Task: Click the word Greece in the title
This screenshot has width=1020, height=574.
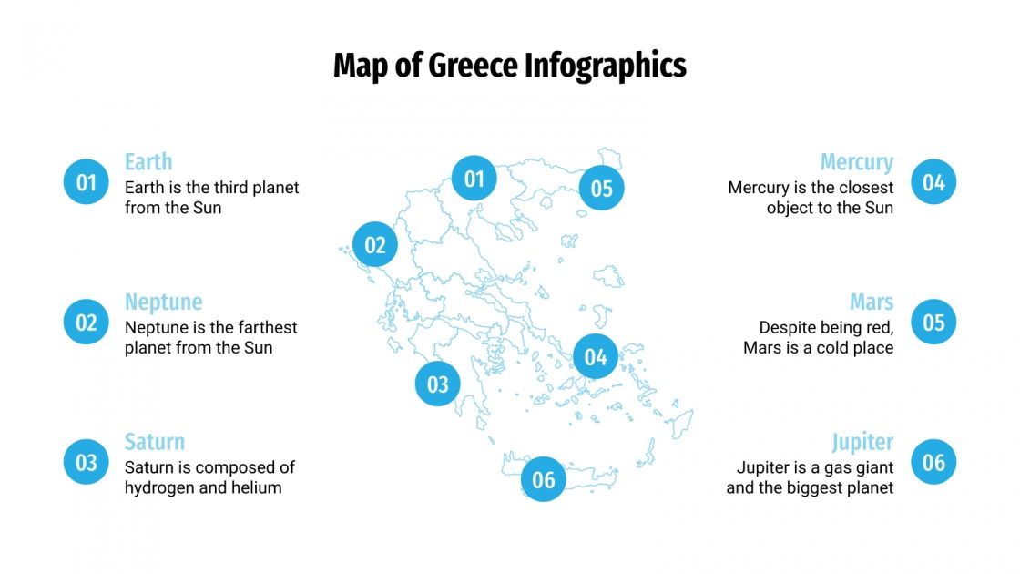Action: pyautogui.click(x=474, y=66)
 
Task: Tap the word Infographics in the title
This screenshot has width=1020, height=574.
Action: pyautogui.click(x=606, y=66)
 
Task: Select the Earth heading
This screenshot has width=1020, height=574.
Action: pyautogui.click(x=148, y=162)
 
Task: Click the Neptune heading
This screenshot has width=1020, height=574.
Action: pyautogui.click(x=163, y=302)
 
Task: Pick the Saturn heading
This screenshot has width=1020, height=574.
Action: pyautogui.click(x=155, y=442)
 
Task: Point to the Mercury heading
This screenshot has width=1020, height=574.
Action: pyautogui.click(x=856, y=162)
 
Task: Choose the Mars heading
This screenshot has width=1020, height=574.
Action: pyautogui.click(x=872, y=302)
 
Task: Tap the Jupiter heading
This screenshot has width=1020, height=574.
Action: pyautogui.click(x=862, y=442)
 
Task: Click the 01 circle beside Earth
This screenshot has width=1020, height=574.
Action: pyautogui.click(x=86, y=182)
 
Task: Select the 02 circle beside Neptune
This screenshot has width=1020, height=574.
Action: pyautogui.click(x=86, y=323)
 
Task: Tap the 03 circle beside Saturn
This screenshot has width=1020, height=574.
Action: pyautogui.click(x=86, y=462)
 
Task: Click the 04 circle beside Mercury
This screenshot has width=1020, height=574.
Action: pyautogui.click(x=933, y=182)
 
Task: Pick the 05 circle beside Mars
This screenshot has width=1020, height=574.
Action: pyautogui.click(x=933, y=323)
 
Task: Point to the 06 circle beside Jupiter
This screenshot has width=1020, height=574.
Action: pyautogui.click(x=933, y=462)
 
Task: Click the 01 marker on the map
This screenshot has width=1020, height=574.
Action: pyautogui.click(x=474, y=179)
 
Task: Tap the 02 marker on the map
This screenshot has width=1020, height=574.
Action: pyautogui.click(x=375, y=245)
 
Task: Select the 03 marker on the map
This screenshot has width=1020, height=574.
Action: pyautogui.click(x=438, y=384)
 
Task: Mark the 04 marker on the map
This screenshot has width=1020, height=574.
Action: pyautogui.click(x=596, y=357)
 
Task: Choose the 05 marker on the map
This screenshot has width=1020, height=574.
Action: pyautogui.click(x=602, y=189)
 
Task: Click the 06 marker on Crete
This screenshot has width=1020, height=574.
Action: pyautogui.click(x=544, y=479)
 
